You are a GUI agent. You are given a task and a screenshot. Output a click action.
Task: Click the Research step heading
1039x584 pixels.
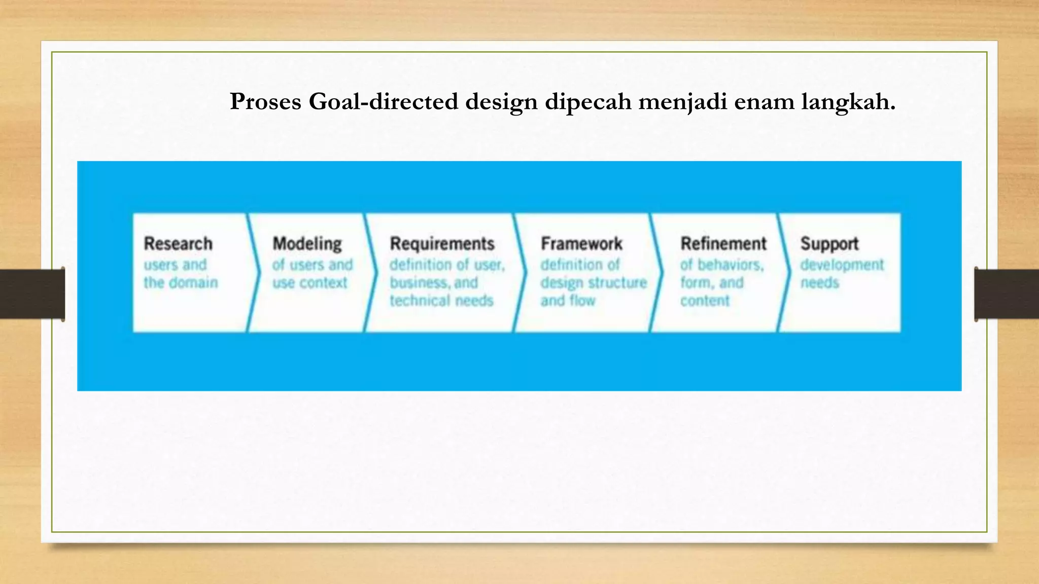[x=178, y=244]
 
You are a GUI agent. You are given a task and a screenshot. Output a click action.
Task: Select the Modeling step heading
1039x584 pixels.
[x=307, y=244]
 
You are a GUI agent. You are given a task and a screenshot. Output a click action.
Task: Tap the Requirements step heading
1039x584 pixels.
[x=442, y=244]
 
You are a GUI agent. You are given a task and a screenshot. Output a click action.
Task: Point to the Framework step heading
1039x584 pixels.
[x=581, y=244]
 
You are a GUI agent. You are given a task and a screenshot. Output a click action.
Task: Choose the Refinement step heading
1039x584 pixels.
[x=723, y=244]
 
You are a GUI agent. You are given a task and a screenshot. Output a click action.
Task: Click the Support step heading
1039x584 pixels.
[x=829, y=244]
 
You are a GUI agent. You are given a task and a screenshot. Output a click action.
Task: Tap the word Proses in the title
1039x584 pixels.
[x=265, y=101]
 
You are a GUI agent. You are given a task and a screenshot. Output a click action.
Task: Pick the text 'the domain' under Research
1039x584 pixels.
[x=181, y=282]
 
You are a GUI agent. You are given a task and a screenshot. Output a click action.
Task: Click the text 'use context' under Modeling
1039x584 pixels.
[x=310, y=282]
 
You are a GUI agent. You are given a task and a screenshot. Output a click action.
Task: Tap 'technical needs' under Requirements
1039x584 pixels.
[x=441, y=301]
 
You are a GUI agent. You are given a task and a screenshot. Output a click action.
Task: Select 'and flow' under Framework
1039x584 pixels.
[x=568, y=301]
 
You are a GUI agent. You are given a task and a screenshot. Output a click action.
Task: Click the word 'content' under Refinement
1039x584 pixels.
[x=705, y=301]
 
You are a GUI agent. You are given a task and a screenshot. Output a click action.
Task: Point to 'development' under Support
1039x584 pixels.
[x=842, y=265]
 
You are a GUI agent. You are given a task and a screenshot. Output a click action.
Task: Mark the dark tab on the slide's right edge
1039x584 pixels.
[x=1007, y=294]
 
